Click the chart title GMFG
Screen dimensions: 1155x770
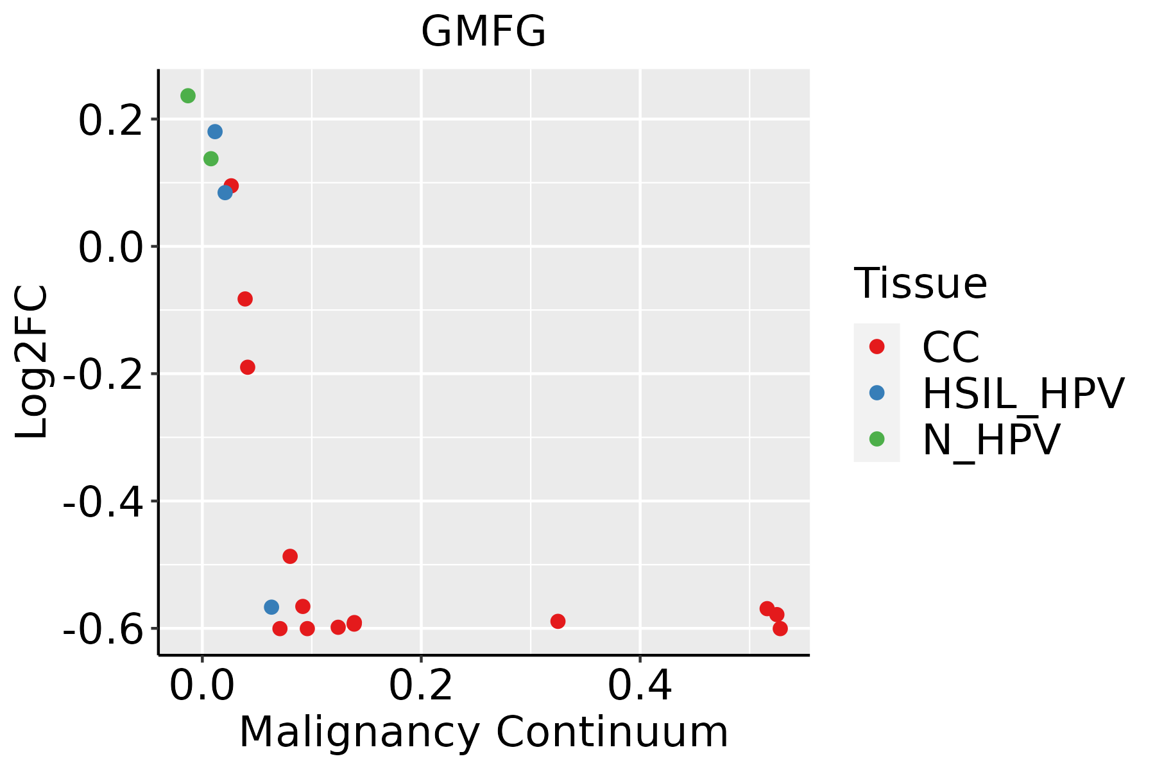coord(483,31)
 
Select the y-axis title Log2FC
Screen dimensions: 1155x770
coord(31,362)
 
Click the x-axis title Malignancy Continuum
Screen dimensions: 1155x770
coord(484,732)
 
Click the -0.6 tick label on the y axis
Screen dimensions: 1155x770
coord(103,629)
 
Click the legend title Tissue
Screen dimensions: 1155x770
coord(920,283)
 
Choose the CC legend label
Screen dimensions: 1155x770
coord(951,347)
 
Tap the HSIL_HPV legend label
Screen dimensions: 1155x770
coord(1023,393)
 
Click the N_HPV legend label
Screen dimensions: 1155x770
coord(991,440)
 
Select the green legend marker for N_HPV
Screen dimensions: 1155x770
coord(877,439)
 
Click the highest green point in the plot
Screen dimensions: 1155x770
coord(188,96)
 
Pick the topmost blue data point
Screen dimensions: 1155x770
coord(215,132)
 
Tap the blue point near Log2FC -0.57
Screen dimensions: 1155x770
coord(271,607)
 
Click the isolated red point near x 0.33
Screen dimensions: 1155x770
coord(558,621)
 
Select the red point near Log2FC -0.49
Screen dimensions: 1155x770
coord(290,556)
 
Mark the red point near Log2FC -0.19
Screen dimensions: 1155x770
coord(248,367)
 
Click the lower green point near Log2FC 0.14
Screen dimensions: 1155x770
coord(210,158)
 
